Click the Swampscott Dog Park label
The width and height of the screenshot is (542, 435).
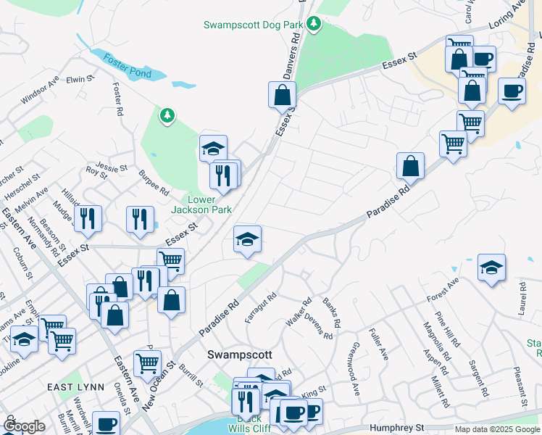pos(252,25)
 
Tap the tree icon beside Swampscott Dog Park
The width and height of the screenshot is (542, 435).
pos(314,25)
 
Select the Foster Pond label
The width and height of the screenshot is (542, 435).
pos(126,65)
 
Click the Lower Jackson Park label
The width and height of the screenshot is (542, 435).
pos(201,204)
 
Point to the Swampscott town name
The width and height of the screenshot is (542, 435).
pos(239,355)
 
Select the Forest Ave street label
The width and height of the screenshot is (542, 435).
pos(443,289)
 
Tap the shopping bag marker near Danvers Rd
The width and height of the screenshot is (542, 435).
pos(282,94)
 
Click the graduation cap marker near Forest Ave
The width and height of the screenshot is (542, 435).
pos(491,268)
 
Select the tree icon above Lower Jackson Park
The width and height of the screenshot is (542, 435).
pos(167,115)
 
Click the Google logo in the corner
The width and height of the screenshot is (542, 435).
pos(24,426)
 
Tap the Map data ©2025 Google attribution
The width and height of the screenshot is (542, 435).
pos(497,429)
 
